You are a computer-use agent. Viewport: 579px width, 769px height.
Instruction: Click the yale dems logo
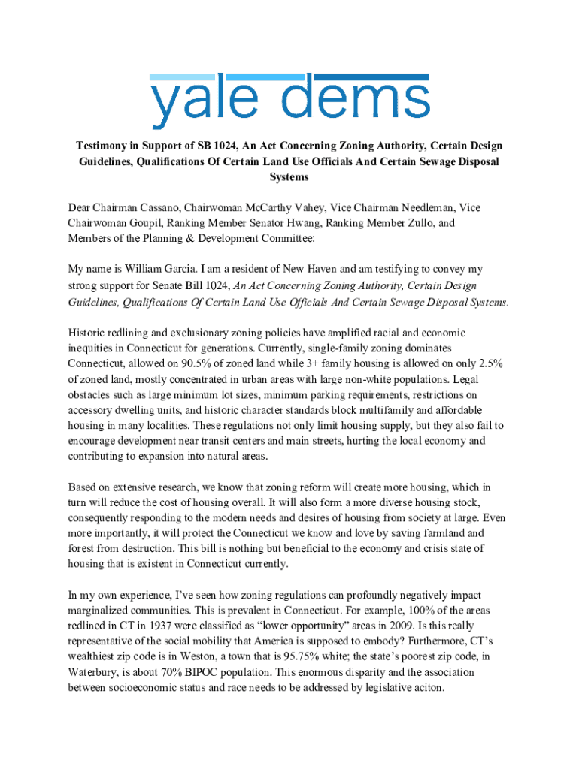click(x=289, y=101)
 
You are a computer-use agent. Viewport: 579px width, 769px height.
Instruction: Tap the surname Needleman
click(x=424, y=207)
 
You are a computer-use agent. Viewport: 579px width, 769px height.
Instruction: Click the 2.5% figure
click(x=487, y=363)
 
